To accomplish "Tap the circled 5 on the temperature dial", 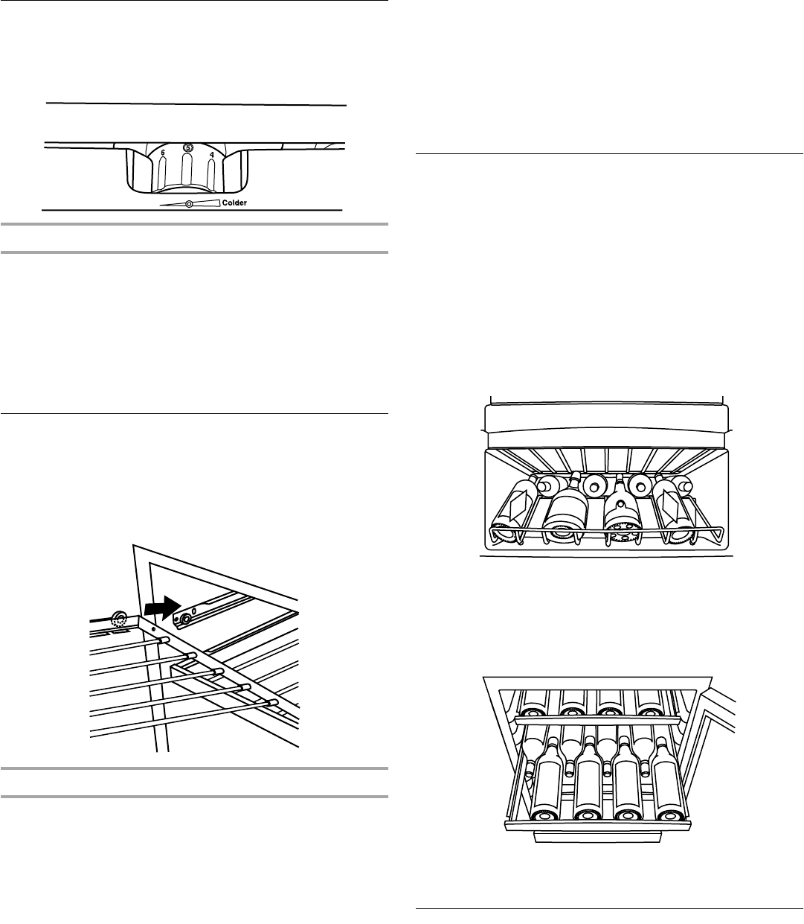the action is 188,148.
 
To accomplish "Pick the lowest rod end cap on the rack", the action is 273,702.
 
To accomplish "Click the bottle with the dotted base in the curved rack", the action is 622,514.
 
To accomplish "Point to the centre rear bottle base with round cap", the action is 594,485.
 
